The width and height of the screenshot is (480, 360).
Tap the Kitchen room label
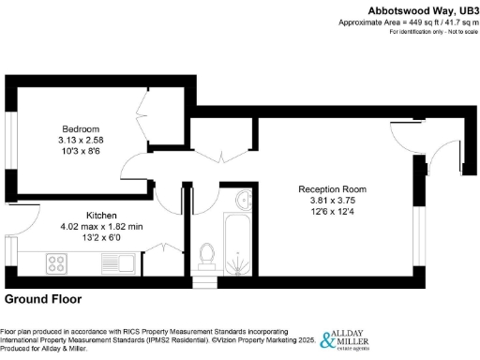coord(101,214)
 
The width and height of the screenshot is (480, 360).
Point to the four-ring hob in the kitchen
coord(53,262)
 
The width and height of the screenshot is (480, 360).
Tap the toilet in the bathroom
coord(207,254)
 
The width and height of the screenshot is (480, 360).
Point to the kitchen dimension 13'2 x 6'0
coord(101,236)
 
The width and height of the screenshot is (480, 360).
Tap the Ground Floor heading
coord(43,300)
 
